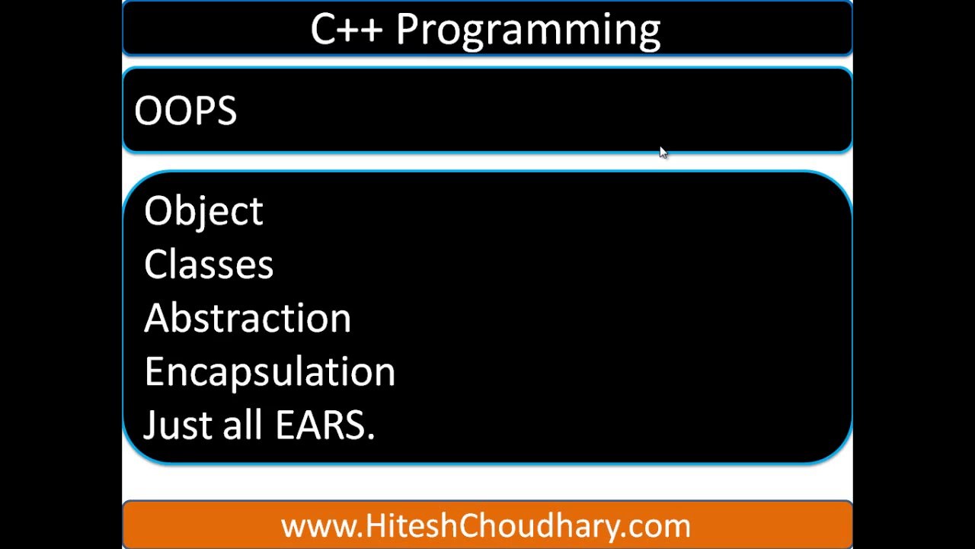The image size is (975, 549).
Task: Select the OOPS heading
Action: click(x=185, y=111)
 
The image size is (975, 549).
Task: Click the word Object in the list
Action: click(x=203, y=212)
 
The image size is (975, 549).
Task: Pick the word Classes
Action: click(x=208, y=265)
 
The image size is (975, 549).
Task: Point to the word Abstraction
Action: click(x=247, y=318)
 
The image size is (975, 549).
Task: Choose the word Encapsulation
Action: click(x=269, y=371)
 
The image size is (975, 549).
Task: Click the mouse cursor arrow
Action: click(x=663, y=152)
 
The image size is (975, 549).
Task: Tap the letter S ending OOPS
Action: click(x=226, y=111)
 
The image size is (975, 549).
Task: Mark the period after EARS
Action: click(x=371, y=436)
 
